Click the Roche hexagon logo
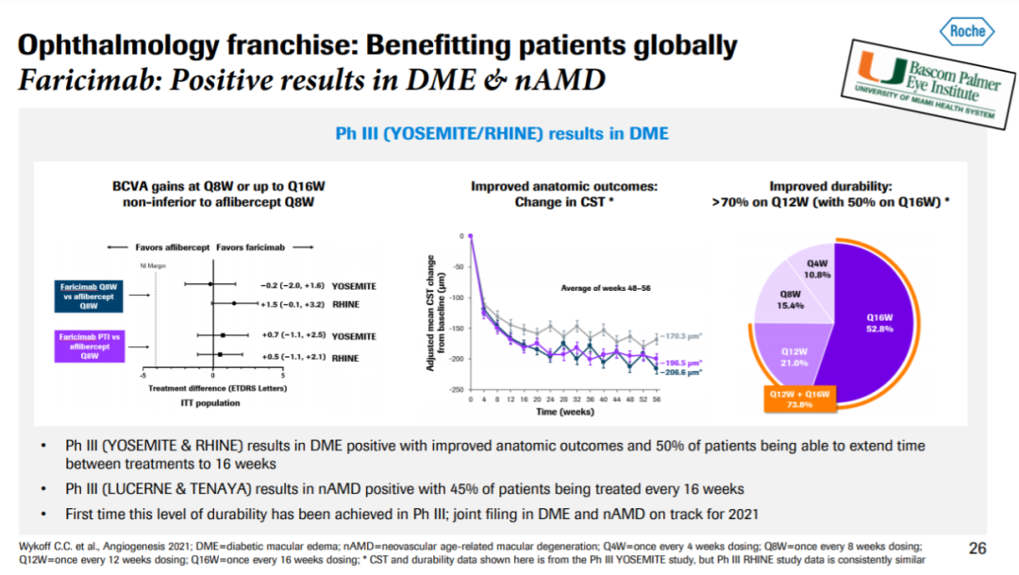(967, 31)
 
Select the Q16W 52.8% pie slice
(882, 326)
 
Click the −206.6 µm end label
(681, 374)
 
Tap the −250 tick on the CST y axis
(458, 390)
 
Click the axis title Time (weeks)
(563, 413)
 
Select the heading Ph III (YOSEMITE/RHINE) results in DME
(502, 134)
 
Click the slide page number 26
(977, 548)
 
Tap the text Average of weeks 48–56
(601, 287)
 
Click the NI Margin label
(152, 265)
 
